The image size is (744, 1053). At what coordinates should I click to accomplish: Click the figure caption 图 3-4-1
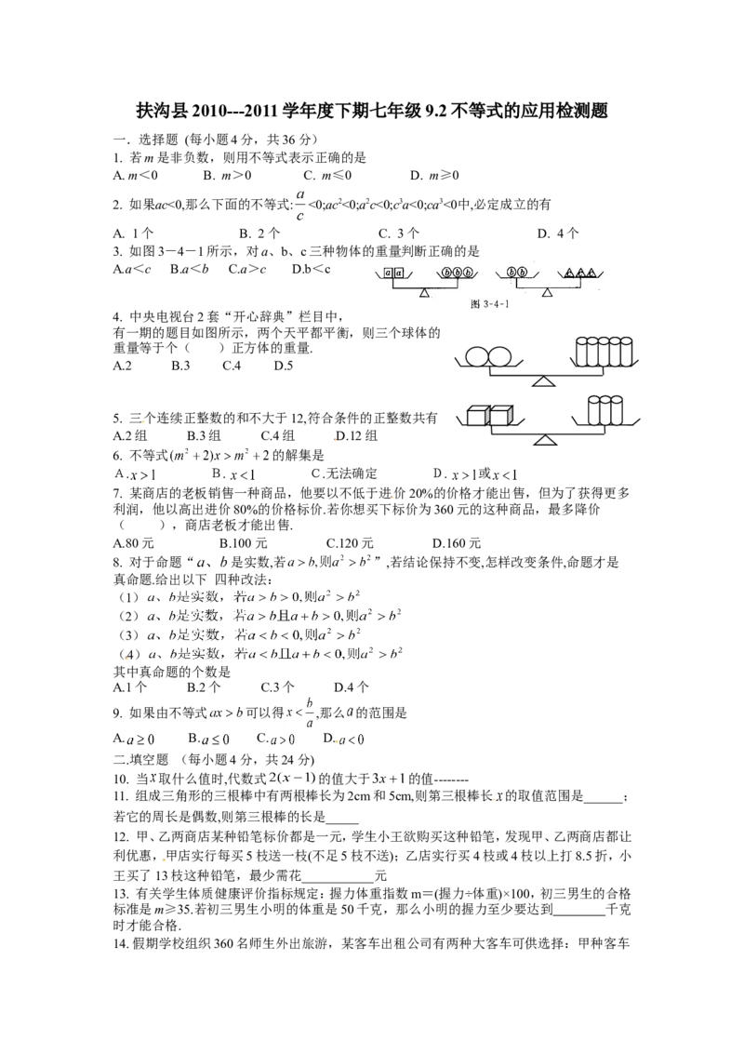491,304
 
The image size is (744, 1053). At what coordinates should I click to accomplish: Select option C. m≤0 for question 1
327,175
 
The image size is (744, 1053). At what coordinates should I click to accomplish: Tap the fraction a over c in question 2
300,205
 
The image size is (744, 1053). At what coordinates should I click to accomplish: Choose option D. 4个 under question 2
557,233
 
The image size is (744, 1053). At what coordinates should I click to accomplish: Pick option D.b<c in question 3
311,269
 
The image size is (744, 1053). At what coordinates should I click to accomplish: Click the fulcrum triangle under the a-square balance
424,293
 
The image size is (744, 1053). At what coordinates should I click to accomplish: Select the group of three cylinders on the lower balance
605,411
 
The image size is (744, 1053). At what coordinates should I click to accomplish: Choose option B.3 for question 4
180,366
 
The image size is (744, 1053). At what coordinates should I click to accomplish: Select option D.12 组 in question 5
356,436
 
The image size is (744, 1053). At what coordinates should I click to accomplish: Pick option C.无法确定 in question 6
344,473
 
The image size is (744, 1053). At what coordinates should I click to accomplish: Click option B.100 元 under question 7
243,543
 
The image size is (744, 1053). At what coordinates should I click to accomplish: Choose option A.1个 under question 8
130,687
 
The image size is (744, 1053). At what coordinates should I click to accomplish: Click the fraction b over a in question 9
309,713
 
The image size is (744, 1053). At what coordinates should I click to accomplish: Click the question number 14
121,944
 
